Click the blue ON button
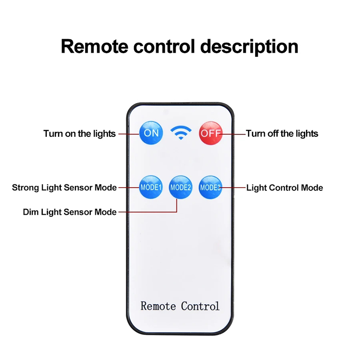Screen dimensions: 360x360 coord(151,133)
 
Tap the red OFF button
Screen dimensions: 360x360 coord(211,133)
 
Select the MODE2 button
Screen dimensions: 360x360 coord(180,187)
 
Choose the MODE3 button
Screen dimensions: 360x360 coord(211,187)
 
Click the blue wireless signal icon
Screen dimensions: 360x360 coord(181,132)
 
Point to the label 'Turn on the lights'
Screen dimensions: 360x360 coord(80,134)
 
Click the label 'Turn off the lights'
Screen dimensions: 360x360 coord(282,134)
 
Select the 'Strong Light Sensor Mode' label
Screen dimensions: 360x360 coord(64,188)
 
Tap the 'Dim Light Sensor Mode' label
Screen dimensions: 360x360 coord(70,212)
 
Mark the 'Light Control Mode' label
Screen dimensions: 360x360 coord(284,188)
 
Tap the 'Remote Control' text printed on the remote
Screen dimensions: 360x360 coord(180,306)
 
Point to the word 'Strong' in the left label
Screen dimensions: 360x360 coord(25,188)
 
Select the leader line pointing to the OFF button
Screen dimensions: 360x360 coord(234,134)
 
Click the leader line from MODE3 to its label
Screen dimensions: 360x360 coord(233,187)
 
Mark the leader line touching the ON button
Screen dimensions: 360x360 coord(128,134)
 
